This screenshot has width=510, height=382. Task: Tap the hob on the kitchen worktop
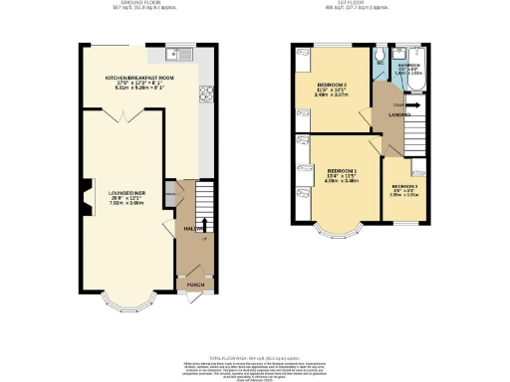[x=206, y=95]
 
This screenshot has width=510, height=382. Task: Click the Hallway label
[x=187, y=230]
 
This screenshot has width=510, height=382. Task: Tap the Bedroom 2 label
[x=331, y=88]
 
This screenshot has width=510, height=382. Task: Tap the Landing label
[x=387, y=115]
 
